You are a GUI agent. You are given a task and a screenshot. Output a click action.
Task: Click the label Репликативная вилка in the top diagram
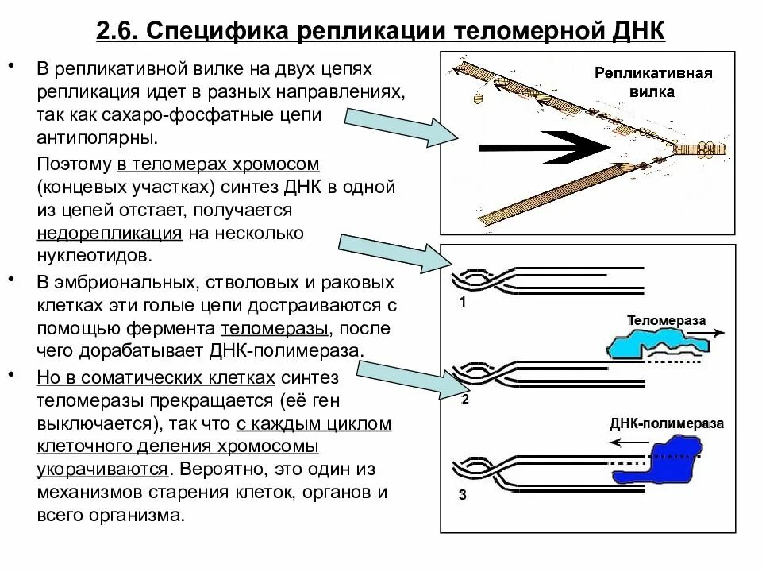653,82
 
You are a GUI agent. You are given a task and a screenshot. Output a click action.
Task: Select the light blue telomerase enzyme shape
656,346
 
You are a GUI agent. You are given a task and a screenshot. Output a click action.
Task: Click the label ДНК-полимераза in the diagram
667,423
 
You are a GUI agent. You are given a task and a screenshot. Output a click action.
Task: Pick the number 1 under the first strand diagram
464,303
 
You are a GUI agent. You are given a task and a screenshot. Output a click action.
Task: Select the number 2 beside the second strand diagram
465,400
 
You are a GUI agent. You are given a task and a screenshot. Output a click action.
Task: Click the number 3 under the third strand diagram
463,497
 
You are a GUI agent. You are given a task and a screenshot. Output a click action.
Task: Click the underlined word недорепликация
110,234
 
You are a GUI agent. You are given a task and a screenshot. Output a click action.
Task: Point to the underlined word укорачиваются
102,469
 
